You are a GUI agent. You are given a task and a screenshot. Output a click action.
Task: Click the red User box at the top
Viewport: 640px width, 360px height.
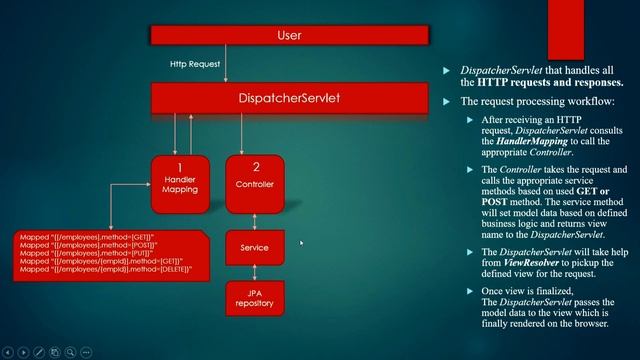click(x=288, y=36)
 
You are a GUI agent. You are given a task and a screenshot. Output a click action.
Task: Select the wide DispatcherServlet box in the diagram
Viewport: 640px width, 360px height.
click(x=288, y=98)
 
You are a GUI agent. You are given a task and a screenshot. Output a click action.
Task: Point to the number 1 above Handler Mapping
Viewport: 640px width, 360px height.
click(x=180, y=167)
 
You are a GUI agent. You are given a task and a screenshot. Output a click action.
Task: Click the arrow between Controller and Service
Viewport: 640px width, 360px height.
click(x=256, y=220)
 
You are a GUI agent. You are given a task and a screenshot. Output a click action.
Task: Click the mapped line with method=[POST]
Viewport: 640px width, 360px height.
click(x=90, y=245)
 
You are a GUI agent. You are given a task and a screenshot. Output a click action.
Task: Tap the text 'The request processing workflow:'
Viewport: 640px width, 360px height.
click(x=538, y=102)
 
